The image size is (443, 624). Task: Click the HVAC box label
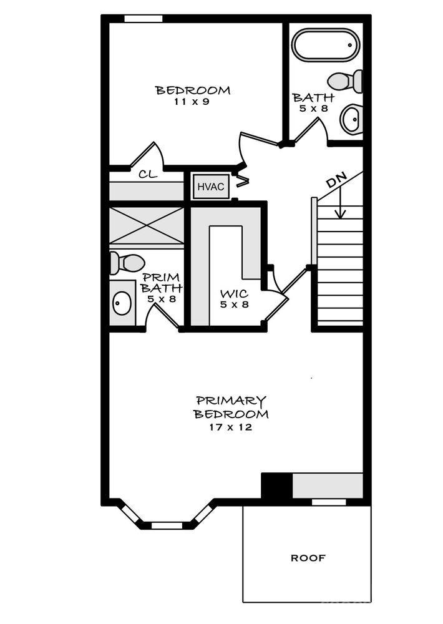210,187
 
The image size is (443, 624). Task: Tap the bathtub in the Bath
326,45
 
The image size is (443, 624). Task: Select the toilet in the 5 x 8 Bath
345,81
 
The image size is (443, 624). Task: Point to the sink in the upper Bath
351,119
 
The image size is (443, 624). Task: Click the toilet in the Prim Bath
127,263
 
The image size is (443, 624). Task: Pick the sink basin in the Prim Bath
122,303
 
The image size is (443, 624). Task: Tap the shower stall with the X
147,225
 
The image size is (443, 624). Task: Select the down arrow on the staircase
339,203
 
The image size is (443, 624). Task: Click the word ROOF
308,558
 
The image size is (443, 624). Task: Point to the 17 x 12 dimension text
230,427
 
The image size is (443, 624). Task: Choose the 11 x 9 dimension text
192,102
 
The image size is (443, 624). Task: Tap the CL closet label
148,174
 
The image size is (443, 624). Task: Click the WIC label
235,294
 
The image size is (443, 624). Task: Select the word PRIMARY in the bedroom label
231,401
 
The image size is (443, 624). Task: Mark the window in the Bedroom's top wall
144,19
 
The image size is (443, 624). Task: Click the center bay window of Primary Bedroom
167,525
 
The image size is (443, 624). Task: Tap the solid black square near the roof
276,485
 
